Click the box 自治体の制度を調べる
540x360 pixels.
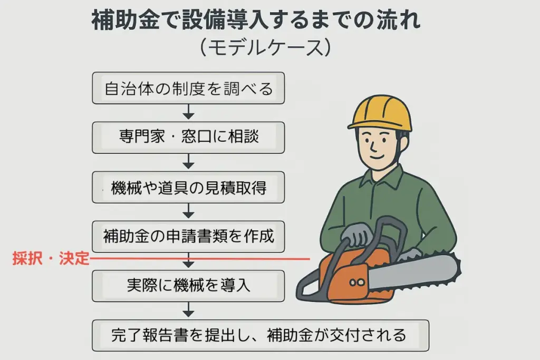188,88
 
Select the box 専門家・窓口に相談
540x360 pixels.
188,138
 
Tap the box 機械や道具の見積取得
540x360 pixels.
188,187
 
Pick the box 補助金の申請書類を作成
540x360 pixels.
188,237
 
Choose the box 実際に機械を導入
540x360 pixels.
188,286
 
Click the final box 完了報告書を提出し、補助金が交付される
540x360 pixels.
261,336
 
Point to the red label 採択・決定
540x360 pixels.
51,258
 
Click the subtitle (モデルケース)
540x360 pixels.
265,47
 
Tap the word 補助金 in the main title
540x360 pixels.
126,20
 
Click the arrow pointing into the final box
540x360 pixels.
188,310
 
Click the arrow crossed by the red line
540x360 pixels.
188,260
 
